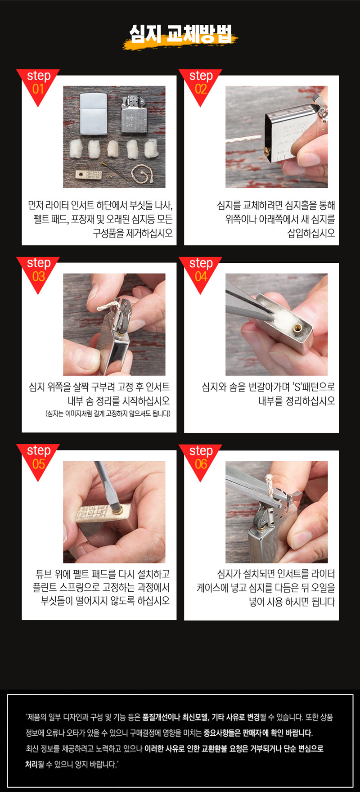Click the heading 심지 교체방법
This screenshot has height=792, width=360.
click(x=180, y=34)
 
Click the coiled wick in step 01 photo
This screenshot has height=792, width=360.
click(x=142, y=174)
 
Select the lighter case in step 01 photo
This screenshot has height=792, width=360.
click(x=93, y=114)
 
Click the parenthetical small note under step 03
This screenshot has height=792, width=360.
click(x=108, y=414)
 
